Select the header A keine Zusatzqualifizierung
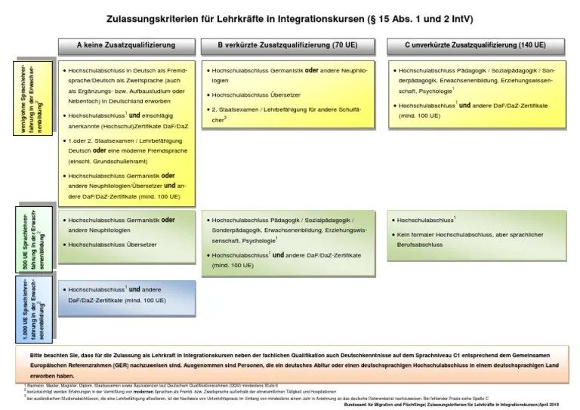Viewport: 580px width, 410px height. (x=125, y=46)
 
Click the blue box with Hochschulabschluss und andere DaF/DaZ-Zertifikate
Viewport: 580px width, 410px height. (x=125, y=294)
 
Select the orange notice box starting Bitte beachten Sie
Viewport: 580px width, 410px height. (x=290, y=365)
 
